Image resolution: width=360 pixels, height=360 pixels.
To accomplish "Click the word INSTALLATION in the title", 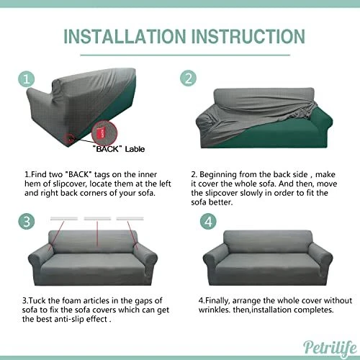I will point(122,37).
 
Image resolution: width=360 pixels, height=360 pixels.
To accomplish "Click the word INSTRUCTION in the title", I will point(240,37).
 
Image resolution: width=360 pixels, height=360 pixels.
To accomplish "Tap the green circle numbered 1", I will point(26,78).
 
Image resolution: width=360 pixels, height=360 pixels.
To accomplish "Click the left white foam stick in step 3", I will point(66,216).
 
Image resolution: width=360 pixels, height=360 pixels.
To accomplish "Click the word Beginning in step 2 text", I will point(220,174).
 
